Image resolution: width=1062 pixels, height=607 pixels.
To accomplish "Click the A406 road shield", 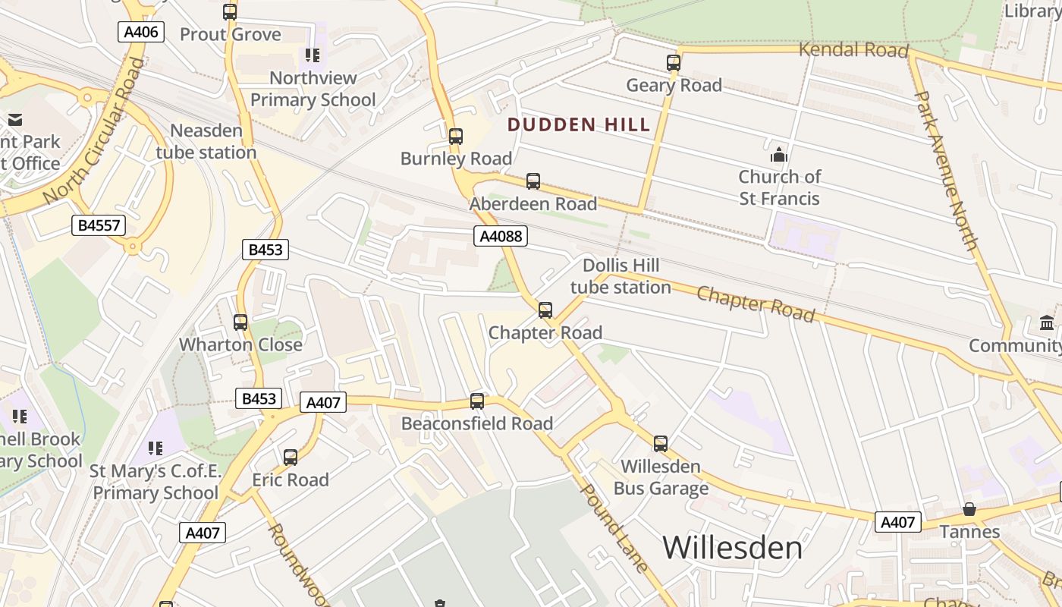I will click(x=141, y=32).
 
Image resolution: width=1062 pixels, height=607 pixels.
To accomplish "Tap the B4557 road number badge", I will click(x=98, y=225).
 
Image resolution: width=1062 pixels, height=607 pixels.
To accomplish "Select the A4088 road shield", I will click(x=501, y=236).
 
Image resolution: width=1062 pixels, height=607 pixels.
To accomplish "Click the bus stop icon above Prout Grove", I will click(x=230, y=12).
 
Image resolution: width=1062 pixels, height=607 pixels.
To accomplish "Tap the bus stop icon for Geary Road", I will click(x=674, y=63).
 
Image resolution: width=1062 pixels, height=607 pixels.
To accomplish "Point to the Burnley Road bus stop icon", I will click(x=456, y=137).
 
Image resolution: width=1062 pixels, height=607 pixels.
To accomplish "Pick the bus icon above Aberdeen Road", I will click(x=533, y=181).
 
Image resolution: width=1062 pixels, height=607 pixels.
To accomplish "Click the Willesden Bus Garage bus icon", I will click(x=661, y=444).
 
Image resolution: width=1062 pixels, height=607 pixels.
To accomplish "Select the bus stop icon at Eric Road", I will click(x=291, y=458).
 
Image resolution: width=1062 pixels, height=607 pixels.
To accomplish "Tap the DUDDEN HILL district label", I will click(x=579, y=125).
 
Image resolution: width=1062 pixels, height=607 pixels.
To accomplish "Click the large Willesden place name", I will click(x=732, y=548).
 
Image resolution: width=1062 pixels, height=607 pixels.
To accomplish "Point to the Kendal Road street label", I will click(x=853, y=51).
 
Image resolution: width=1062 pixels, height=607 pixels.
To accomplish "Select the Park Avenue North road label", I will click(x=946, y=171).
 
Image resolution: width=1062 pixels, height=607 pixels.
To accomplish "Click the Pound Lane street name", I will click(x=614, y=527).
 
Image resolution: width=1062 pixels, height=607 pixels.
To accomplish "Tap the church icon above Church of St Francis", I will click(x=779, y=156).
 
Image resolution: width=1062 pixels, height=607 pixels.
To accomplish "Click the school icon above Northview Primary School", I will click(x=313, y=55).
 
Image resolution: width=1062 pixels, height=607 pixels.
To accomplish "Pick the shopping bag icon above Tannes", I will click(x=969, y=509).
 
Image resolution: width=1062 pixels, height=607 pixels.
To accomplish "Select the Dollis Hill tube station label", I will click(x=621, y=276).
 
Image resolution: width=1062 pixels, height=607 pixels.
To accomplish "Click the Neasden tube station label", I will click(x=206, y=141).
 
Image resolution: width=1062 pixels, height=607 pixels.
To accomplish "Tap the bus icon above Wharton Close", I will click(x=240, y=322).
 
